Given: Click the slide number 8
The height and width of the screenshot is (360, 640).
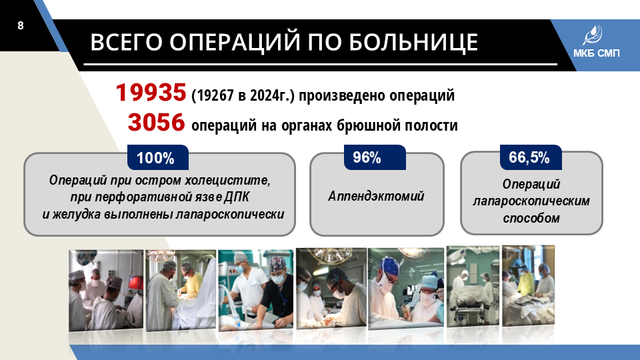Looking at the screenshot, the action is [x=21, y=26].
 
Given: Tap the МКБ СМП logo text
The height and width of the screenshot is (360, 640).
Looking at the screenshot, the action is [x=596, y=53].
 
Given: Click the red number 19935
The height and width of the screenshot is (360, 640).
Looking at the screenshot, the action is [x=151, y=92].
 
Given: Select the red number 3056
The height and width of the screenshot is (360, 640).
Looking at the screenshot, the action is [x=156, y=122].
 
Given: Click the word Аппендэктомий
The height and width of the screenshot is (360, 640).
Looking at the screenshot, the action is [x=376, y=196].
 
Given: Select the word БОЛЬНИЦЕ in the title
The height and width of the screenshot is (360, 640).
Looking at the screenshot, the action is [x=413, y=42].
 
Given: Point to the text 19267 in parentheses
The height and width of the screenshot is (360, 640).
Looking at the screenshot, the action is [x=214, y=95].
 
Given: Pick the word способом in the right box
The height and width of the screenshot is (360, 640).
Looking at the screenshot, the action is [x=531, y=218].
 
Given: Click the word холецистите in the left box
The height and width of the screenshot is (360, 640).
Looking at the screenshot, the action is [x=227, y=180].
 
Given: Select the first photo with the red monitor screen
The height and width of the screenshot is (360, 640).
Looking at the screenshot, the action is [x=106, y=290].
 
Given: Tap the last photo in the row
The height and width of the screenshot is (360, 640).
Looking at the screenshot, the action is [x=528, y=285].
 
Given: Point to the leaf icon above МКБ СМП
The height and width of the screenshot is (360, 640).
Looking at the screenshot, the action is [x=593, y=35].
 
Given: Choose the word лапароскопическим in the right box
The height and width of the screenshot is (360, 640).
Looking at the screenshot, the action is [x=531, y=201].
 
